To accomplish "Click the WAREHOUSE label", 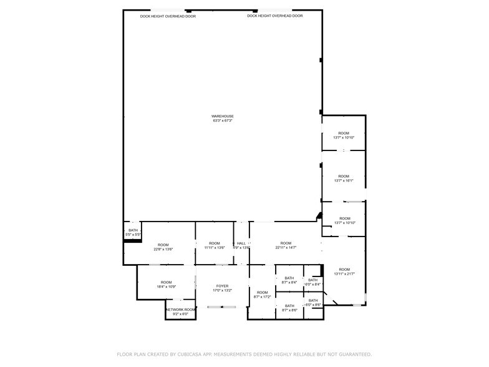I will pyautogui.click(x=222, y=116).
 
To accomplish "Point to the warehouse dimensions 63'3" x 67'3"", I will pyautogui.click(x=222, y=120).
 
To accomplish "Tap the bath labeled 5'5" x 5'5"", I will pyautogui.click(x=133, y=232).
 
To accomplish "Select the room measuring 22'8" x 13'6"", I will pyautogui.click(x=163, y=247).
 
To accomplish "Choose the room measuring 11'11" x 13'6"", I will pyautogui.click(x=214, y=245).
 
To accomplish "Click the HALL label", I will pyautogui.click(x=241, y=243).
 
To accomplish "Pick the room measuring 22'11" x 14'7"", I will pyautogui.click(x=286, y=245).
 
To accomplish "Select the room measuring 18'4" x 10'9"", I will pyautogui.click(x=166, y=285).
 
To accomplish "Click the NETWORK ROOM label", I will pyautogui.click(x=180, y=310).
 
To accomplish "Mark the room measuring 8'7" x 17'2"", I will pyautogui.click(x=262, y=295).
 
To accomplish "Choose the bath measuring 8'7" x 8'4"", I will pyautogui.click(x=289, y=280).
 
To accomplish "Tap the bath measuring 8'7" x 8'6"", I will pyautogui.click(x=289, y=308).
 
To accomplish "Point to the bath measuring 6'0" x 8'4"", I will pyautogui.click(x=313, y=282).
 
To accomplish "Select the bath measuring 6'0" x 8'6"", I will pyautogui.click(x=313, y=303).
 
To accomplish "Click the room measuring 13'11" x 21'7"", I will pyautogui.click(x=344, y=271).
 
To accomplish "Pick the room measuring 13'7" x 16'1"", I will pyautogui.click(x=344, y=178).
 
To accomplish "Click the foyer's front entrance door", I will pyautogui.click(x=222, y=306).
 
